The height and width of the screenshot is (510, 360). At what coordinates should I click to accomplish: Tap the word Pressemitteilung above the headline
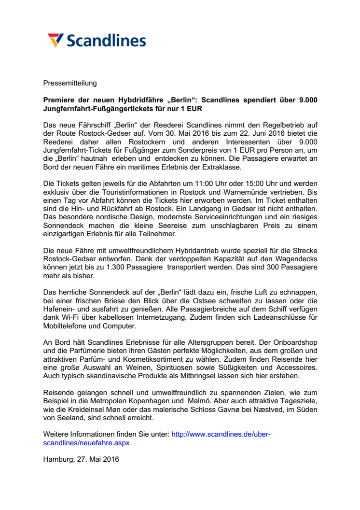(x=70, y=83)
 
